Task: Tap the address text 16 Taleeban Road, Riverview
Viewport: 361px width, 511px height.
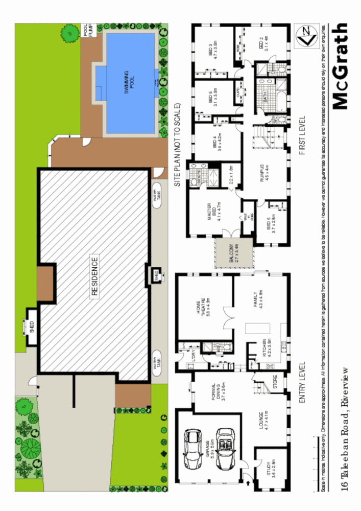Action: coord(345,429)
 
